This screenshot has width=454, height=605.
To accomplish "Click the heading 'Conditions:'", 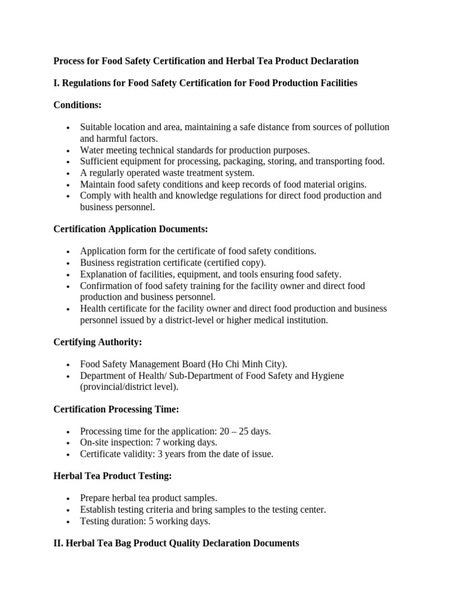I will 77,105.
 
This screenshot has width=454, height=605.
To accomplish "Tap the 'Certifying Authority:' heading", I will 98,342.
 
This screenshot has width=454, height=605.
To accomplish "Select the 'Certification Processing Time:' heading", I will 116,409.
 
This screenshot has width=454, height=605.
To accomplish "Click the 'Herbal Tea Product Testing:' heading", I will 112,476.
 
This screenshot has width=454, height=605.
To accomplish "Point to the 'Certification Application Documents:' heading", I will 131,229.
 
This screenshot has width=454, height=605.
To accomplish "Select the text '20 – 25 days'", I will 244,431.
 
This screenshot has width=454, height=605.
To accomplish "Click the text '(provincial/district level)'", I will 129,387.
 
